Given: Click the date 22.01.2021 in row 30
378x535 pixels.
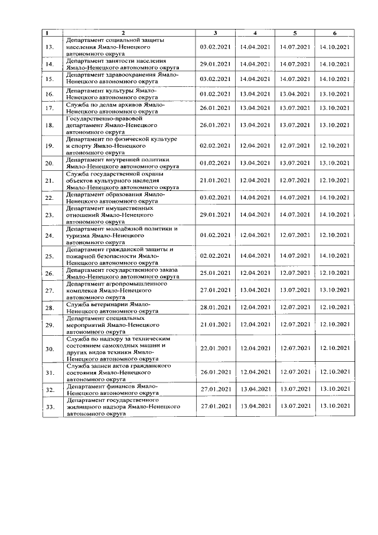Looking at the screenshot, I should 216,348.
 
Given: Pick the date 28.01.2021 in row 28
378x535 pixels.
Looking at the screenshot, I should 216,307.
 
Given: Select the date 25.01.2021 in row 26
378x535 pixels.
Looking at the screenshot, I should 216,273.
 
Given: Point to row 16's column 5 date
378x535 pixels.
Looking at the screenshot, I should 295,93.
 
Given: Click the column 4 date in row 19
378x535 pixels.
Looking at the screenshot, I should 255,145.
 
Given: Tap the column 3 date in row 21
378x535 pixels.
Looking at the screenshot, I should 216,180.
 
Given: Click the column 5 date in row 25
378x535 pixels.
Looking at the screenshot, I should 295,255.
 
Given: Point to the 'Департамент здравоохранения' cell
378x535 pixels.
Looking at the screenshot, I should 122,78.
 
